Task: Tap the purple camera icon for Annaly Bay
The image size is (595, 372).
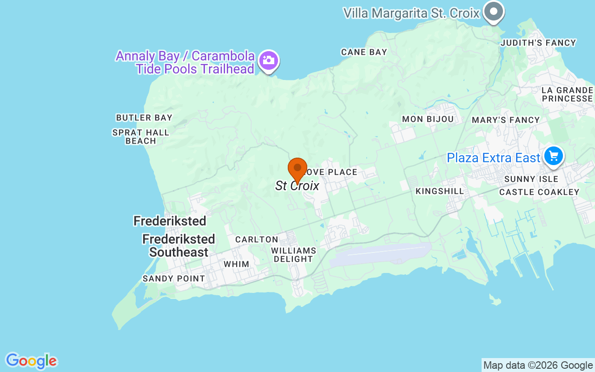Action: (x=269, y=60)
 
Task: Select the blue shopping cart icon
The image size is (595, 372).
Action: (x=553, y=155)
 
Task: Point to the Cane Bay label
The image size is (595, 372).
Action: (x=364, y=52)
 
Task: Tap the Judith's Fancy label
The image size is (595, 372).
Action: (x=538, y=43)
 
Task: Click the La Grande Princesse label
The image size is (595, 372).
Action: (x=567, y=94)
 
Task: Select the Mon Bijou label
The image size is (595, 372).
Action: (x=428, y=119)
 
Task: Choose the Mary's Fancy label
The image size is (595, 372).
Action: (x=506, y=120)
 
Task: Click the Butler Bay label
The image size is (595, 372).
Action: (x=144, y=118)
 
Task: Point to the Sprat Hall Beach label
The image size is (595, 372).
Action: (x=141, y=137)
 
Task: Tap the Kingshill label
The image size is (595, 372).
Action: (x=440, y=191)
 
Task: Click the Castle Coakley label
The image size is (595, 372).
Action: (x=539, y=192)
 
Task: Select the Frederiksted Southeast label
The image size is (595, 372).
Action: (x=179, y=246)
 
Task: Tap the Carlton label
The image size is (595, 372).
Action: (x=257, y=239)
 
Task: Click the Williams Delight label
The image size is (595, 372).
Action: (x=294, y=254)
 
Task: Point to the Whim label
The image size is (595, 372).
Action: (x=236, y=264)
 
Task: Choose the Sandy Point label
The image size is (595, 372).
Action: (x=173, y=279)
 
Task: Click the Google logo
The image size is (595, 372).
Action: (x=31, y=361)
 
